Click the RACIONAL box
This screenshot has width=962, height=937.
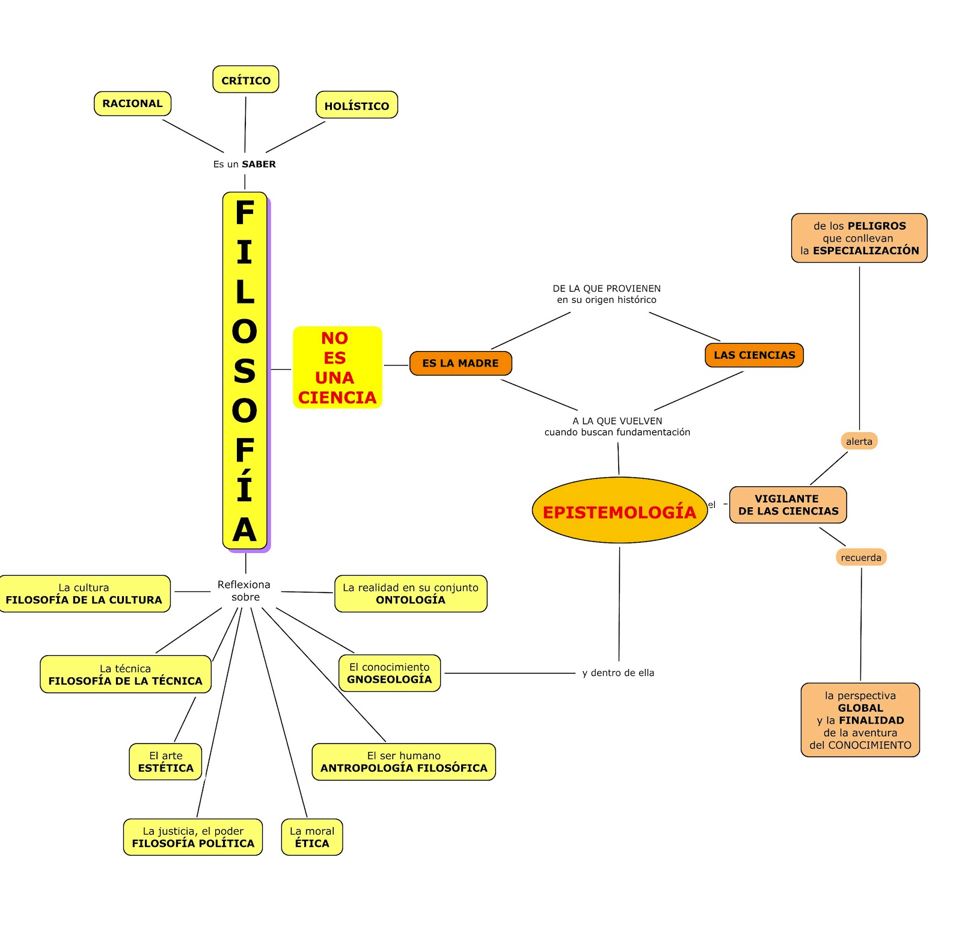(132, 103)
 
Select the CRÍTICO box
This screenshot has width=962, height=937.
(246, 79)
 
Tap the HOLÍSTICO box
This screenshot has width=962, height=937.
(357, 105)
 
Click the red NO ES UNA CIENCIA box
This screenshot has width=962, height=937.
(337, 367)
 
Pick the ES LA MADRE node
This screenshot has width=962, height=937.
(461, 363)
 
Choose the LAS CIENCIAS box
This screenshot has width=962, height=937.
(754, 355)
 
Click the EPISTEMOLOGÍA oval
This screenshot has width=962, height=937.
(619, 510)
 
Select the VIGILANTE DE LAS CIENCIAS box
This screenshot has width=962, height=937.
(788, 505)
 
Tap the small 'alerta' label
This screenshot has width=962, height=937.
(859, 441)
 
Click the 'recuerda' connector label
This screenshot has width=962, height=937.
(861, 557)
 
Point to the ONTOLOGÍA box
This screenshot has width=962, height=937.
(411, 594)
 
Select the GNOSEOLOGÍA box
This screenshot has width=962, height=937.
(390, 673)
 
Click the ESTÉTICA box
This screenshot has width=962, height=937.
(165, 762)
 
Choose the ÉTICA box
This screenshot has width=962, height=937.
(312, 837)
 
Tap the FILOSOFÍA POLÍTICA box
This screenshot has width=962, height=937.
(193, 837)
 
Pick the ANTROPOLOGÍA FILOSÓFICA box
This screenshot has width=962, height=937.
(403, 762)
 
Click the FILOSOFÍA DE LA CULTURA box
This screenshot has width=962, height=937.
(84, 594)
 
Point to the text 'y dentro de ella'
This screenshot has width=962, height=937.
(618, 673)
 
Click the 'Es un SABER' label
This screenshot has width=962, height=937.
(245, 164)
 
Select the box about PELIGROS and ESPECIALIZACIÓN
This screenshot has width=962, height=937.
(859, 238)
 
